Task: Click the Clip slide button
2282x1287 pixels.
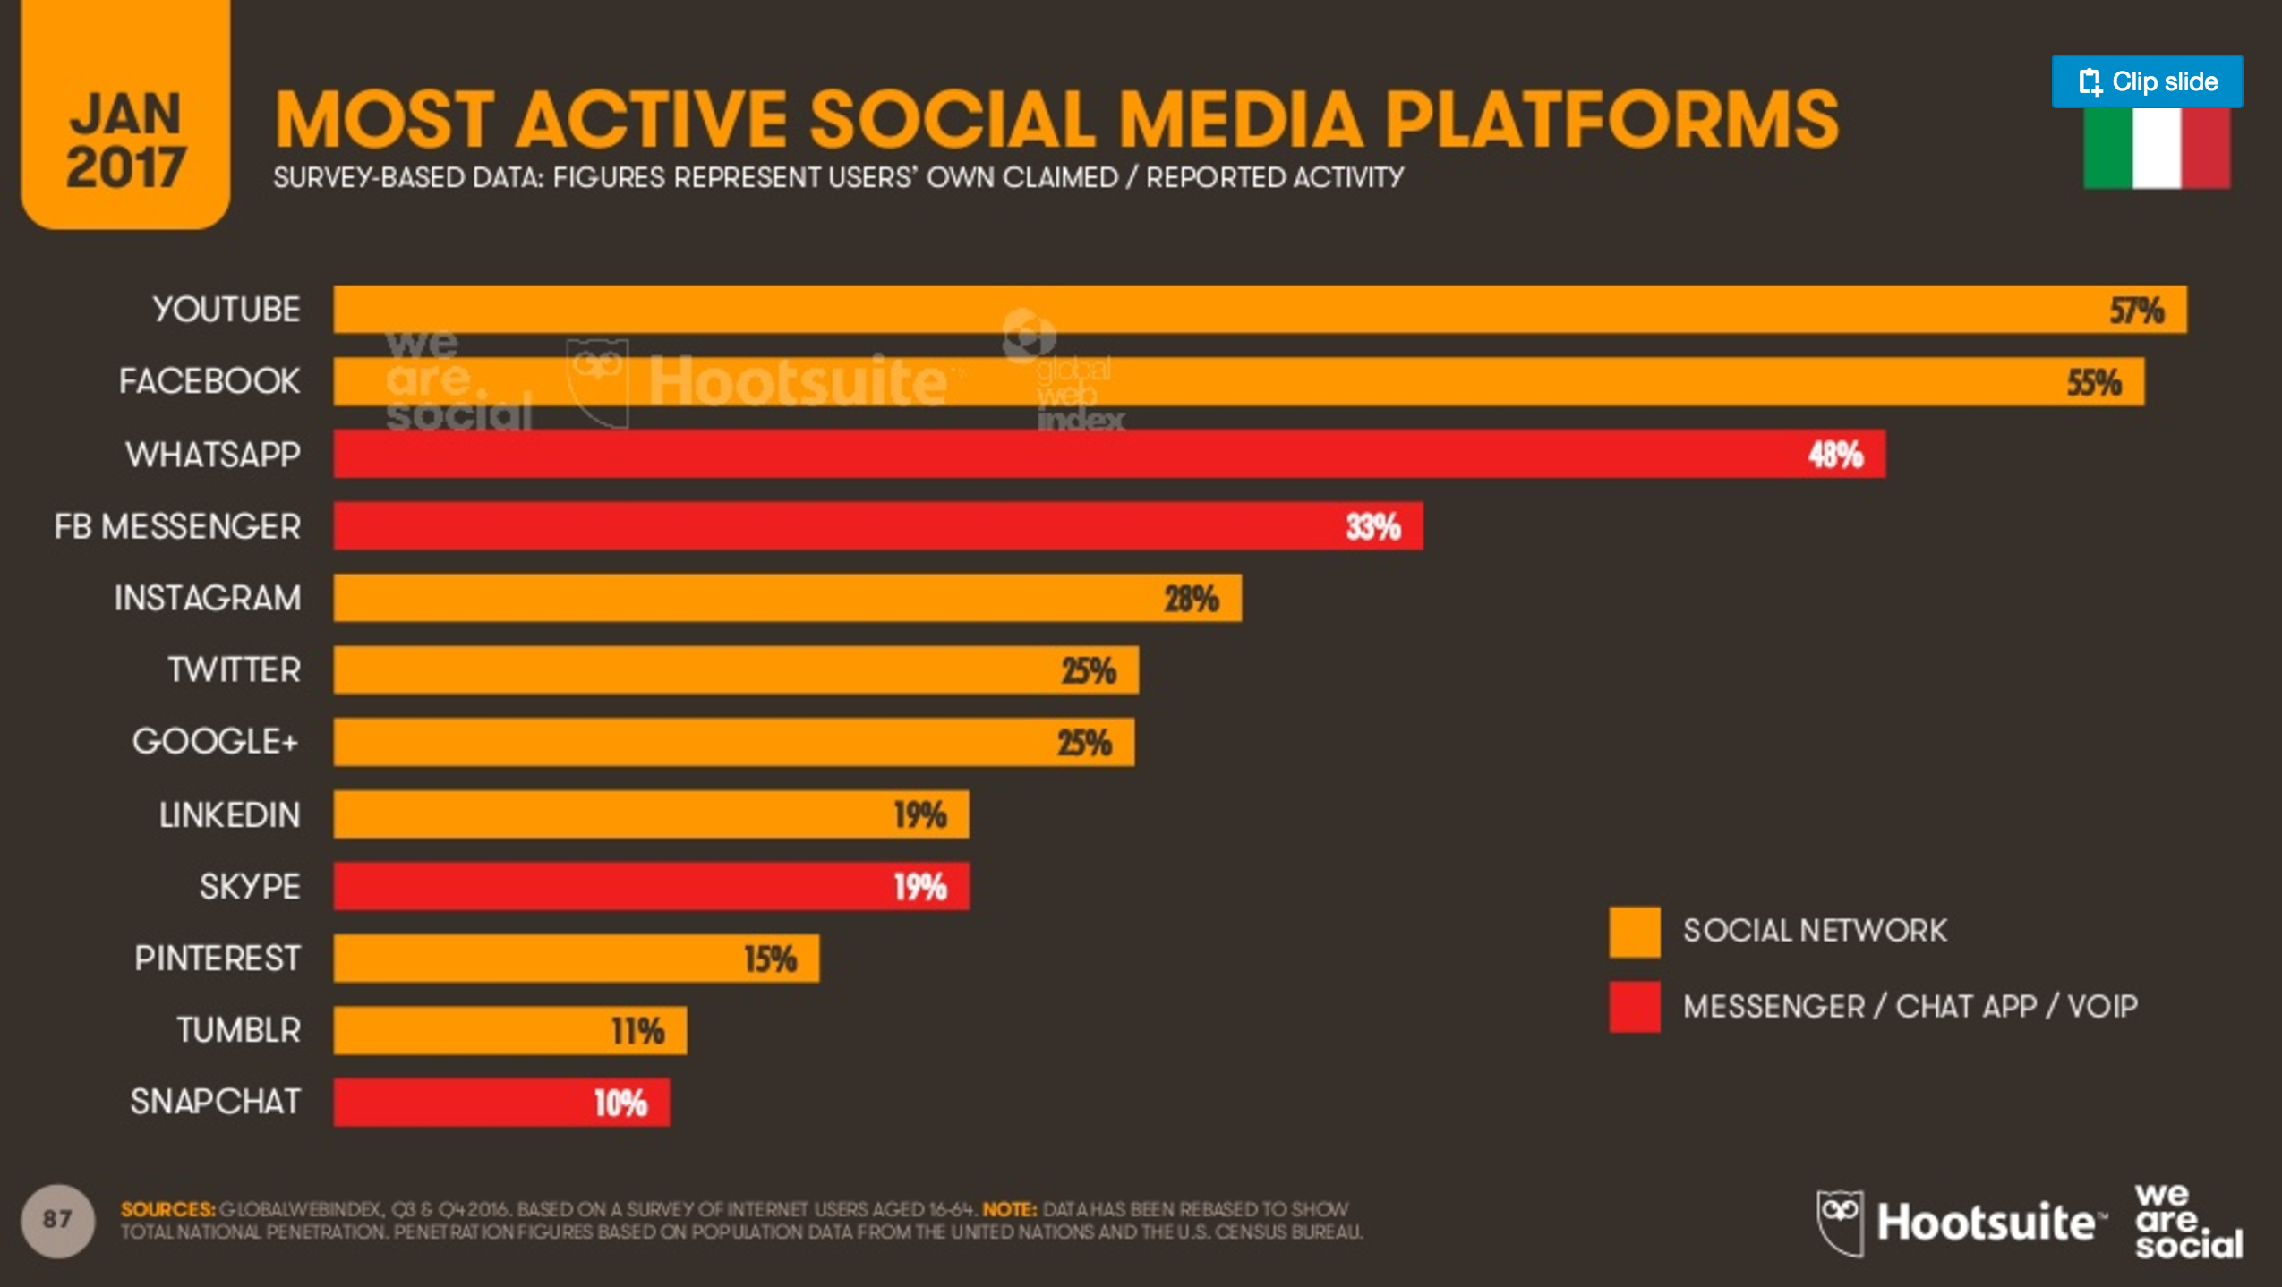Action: tap(2146, 81)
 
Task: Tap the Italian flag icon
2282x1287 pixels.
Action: tap(2156, 148)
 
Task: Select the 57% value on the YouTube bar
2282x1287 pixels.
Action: tap(2135, 311)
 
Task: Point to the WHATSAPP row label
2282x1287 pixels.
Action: tap(213, 455)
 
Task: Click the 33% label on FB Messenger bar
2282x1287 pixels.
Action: tap(1372, 526)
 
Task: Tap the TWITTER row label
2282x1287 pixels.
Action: tap(234, 670)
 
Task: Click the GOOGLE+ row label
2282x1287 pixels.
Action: tap(215, 742)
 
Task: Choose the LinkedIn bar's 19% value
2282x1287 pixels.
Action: tap(919, 815)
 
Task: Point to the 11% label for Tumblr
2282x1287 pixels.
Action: tap(637, 1031)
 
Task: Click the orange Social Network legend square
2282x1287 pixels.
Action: tap(1634, 932)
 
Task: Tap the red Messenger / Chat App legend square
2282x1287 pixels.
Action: tap(1634, 1007)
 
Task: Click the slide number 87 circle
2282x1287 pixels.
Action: tap(57, 1220)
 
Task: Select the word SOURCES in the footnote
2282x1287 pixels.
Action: tap(167, 1209)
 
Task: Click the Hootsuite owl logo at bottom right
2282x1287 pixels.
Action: tap(1840, 1223)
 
